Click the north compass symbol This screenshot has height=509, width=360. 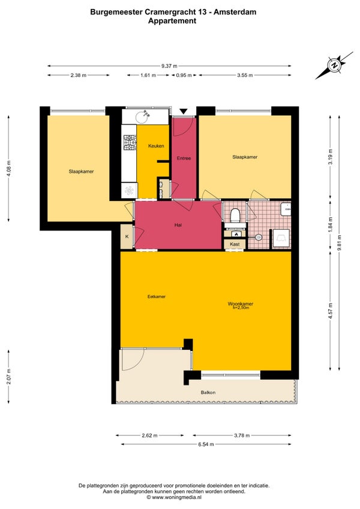[x=334, y=65]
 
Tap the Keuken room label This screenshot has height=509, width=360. [x=156, y=146]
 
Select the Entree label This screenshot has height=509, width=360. [x=184, y=158]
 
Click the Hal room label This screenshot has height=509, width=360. [x=178, y=224]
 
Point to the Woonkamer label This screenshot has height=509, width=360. [x=240, y=304]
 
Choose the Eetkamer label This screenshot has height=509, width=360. [x=157, y=297]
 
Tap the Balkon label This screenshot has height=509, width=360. [x=208, y=392]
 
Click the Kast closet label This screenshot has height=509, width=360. [x=235, y=244]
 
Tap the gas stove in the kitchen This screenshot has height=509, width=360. [x=130, y=142]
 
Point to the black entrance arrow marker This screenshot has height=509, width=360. [x=184, y=112]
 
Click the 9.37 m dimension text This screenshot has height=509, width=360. [x=169, y=66]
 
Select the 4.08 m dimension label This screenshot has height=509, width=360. [x=8, y=169]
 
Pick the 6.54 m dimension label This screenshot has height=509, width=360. [x=206, y=444]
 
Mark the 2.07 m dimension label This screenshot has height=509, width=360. [x=8, y=377]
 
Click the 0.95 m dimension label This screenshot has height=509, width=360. [x=184, y=75]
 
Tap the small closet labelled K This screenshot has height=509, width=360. [x=127, y=236]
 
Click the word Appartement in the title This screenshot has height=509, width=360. [x=172, y=21]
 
